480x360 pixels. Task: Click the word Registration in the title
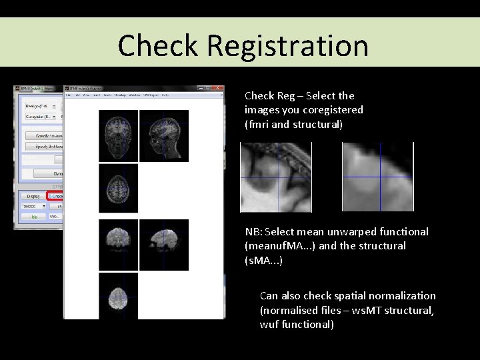pyautogui.click(x=287, y=46)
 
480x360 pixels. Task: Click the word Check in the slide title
pyautogui.click(x=158, y=46)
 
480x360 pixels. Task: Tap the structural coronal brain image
pyautogui.click(x=119, y=136)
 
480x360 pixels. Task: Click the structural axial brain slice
pyautogui.click(x=119, y=188)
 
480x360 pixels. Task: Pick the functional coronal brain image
pyautogui.click(x=119, y=245)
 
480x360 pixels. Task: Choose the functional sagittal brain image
pyautogui.click(x=164, y=245)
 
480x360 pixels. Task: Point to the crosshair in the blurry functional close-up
pyautogui.click(x=381, y=177)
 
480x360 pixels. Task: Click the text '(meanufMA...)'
pyautogui.click(x=278, y=246)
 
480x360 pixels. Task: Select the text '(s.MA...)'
pyautogui.click(x=264, y=260)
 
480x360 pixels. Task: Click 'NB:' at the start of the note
pyautogui.click(x=253, y=232)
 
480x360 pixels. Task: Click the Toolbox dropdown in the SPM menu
pyautogui.click(x=33, y=206)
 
